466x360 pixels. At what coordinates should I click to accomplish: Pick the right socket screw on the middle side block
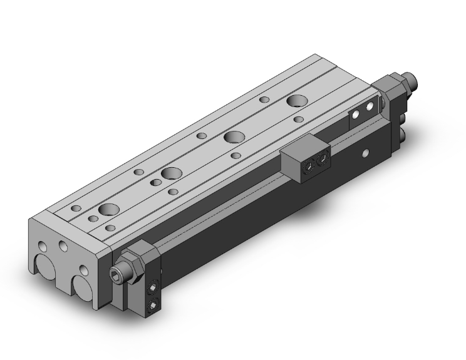coord(323,158)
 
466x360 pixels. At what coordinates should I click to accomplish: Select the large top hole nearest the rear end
coord(296,101)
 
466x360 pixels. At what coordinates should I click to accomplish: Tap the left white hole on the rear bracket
coord(357,115)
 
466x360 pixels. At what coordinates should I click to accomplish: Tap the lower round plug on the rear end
coord(403,135)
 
